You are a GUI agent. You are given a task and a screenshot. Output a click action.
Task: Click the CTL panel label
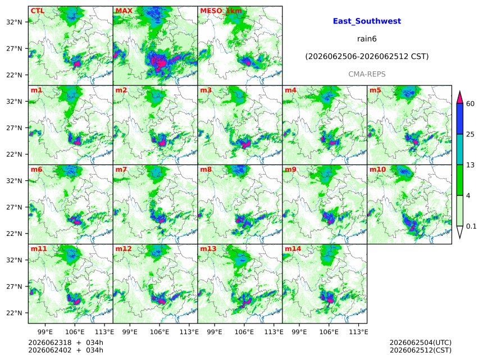point(37,11)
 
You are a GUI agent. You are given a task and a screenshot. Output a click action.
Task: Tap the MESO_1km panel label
point(221,11)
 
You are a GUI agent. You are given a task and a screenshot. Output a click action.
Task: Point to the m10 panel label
point(377,170)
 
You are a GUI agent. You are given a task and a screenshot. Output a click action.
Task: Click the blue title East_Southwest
point(367,21)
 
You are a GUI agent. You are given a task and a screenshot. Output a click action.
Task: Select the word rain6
point(367,39)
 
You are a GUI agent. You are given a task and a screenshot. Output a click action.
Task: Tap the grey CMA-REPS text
point(367,74)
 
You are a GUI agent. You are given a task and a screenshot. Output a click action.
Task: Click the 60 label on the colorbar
point(470,103)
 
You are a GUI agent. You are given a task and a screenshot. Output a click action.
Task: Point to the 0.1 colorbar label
point(471,226)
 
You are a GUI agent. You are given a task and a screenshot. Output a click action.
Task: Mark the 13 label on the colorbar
point(470,165)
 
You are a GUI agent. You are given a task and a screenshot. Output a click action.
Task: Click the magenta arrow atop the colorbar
point(460,97)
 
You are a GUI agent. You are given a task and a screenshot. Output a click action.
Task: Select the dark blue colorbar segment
point(460,119)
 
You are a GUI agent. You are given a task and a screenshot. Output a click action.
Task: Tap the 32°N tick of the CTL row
point(14,22)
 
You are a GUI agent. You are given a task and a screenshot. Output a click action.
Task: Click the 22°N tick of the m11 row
point(14,313)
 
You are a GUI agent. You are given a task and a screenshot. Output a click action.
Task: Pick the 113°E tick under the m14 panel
point(358,332)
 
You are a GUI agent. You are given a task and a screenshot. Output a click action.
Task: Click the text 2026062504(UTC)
point(421,343)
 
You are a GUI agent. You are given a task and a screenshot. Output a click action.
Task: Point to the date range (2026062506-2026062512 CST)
point(367,57)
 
